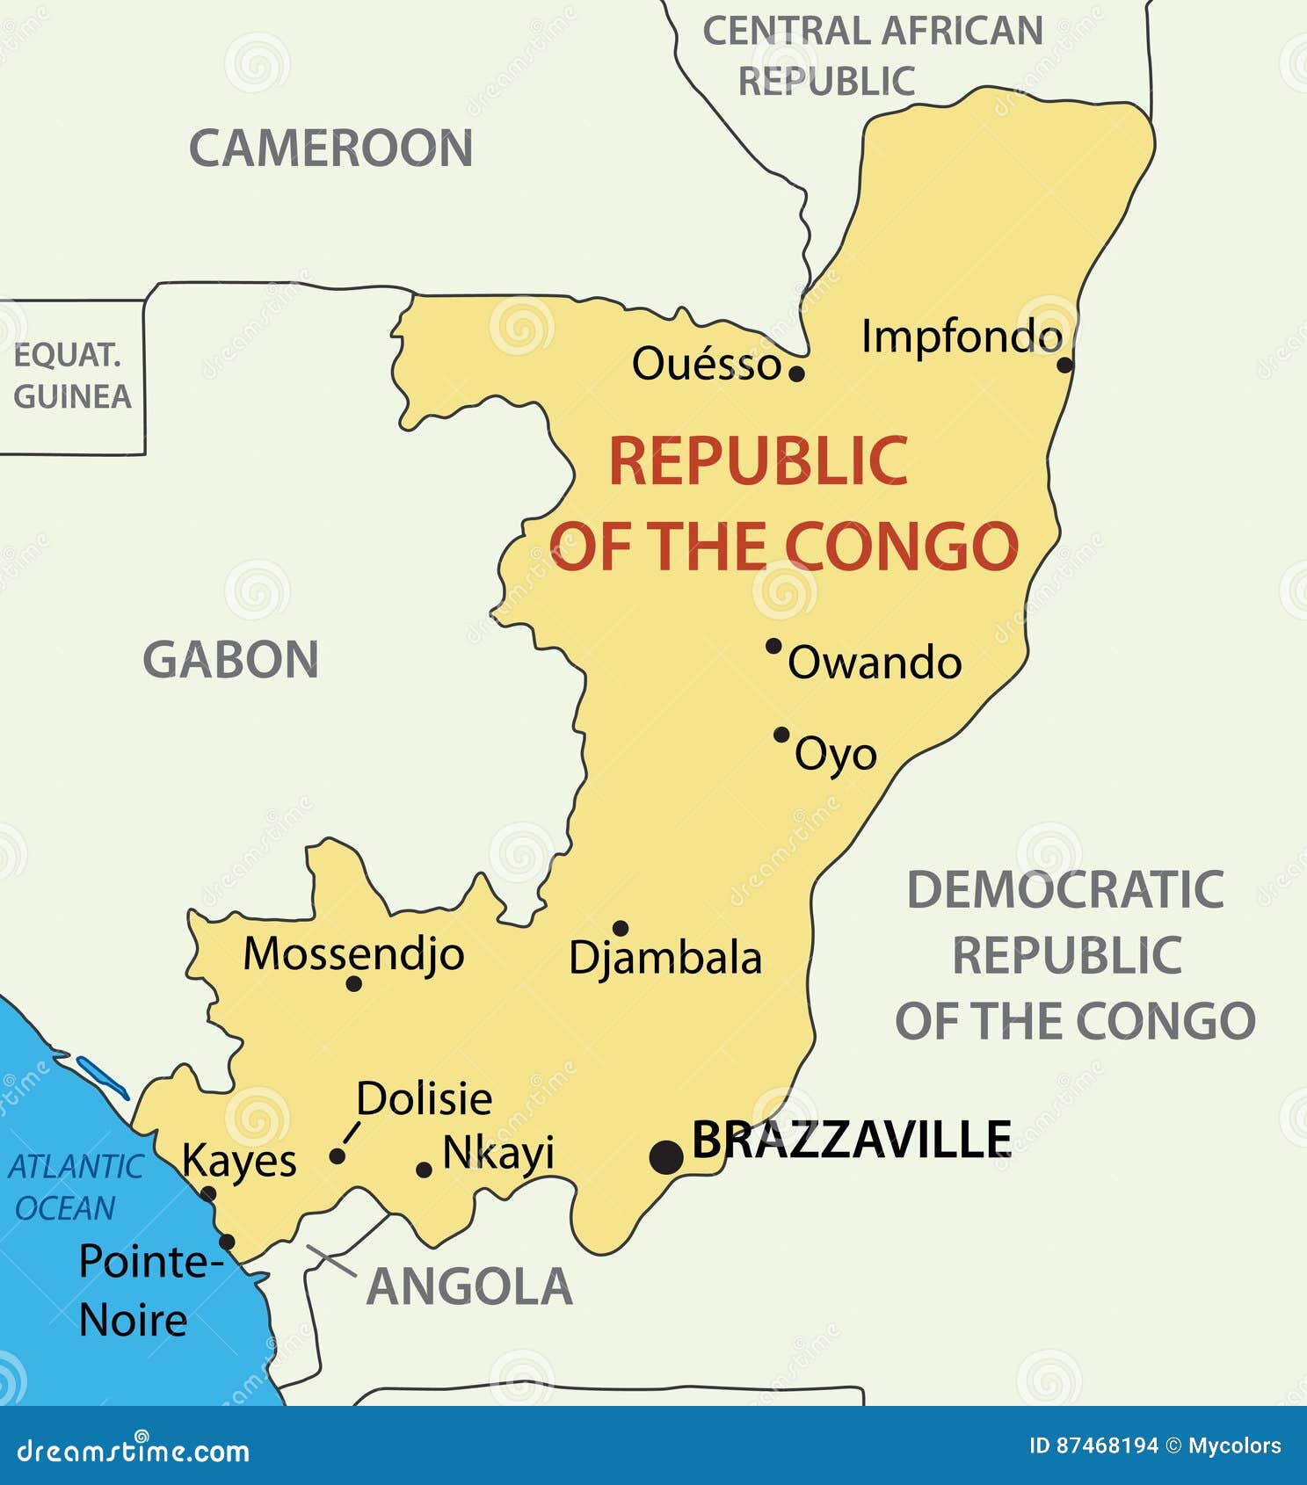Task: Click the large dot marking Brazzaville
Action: [x=666, y=1156]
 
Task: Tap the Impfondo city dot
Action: [x=1064, y=365]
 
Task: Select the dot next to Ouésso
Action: [x=796, y=373]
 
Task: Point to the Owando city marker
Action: [x=773, y=646]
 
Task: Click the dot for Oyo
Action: [x=781, y=735]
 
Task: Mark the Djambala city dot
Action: [x=621, y=928]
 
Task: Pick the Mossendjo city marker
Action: [x=354, y=984]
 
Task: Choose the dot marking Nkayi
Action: [x=424, y=1170]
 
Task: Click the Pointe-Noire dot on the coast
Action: [x=227, y=1242]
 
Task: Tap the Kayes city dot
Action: [x=208, y=1193]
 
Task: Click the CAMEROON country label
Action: [x=331, y=148]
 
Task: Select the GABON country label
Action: [x=230, y=660]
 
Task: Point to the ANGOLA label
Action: [x=469, y=1286]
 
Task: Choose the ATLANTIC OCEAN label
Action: [x=75, y=1187]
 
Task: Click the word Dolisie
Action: [x=424, y=1098]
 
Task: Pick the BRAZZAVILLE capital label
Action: [x=852, y=1140]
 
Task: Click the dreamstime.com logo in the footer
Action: [x=134, y=1452]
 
